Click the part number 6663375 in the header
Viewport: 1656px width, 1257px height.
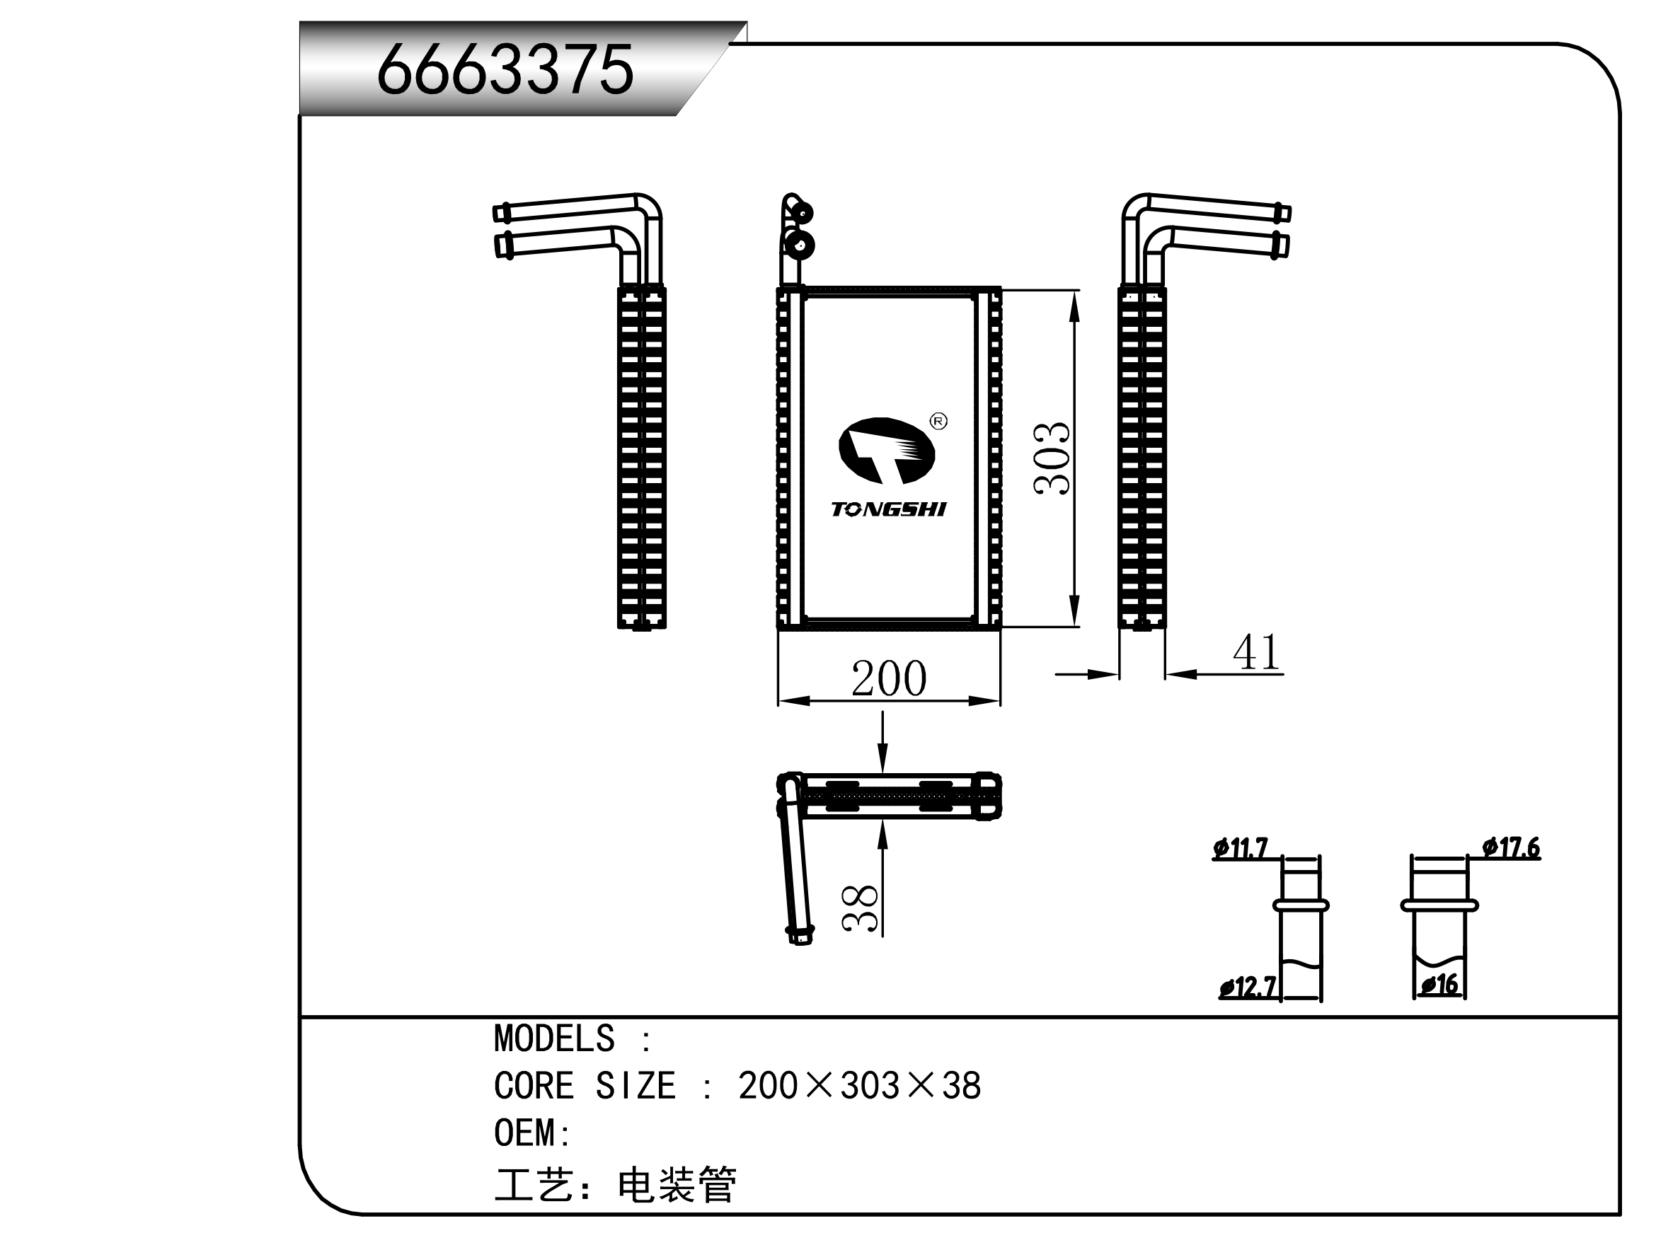point(505,69)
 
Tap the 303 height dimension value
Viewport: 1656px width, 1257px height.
point(1052,458)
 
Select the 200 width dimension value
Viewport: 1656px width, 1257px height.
point(889,678)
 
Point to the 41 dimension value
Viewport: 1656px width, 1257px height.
point(1256,652)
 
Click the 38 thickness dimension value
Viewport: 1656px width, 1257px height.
point(860,908)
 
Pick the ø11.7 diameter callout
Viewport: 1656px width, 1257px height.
point(1241,848)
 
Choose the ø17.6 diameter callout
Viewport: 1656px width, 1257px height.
point(1512,847)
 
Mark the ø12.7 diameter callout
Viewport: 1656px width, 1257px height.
point(1247,987)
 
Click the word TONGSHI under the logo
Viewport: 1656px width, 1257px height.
point(889,509)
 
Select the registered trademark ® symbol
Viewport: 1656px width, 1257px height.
point(938,422)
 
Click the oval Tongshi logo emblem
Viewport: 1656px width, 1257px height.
point(887,451)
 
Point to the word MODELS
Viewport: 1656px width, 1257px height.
point(554,1039)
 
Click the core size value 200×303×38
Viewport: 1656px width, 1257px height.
point(859,1087)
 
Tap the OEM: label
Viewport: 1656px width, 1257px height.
point(532,1133)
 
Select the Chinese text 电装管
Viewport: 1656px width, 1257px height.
point(677,1185)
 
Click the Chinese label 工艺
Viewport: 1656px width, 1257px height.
point(534,1185)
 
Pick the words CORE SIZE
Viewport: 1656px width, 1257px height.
point(585,1087)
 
